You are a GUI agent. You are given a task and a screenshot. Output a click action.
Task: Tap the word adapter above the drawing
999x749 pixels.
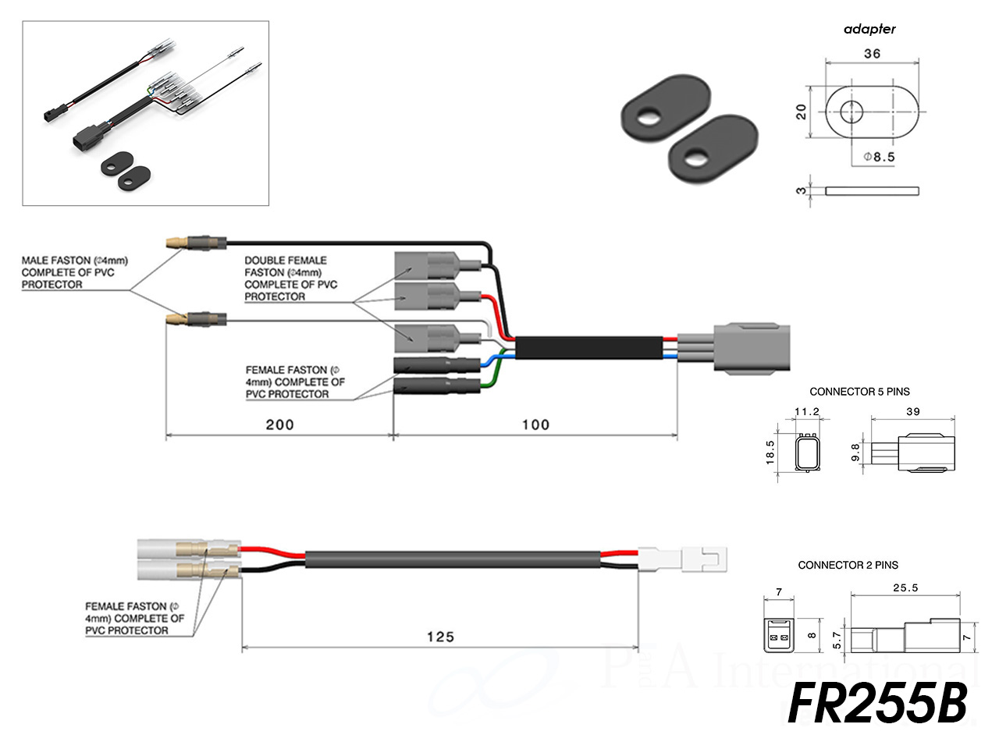pyautogui.click(x=869, y=29)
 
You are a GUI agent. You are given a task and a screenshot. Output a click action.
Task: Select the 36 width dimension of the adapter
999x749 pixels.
pyautogui.click(x=872, y=54)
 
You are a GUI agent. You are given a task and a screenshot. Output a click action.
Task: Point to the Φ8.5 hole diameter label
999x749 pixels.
pyautogui.click(x=879, y=157)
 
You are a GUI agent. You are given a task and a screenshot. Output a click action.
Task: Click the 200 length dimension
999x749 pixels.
pyautogui.click(x=279, y=424)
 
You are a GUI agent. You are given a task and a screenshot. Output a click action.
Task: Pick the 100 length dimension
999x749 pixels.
pyautogui.click(x=535, y=424)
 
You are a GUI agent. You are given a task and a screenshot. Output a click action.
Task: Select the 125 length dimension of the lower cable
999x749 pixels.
pyautogui.click(x=440, y=637)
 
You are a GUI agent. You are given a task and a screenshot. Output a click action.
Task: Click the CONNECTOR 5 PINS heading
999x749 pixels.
pyautogui.click(x=859, y=392)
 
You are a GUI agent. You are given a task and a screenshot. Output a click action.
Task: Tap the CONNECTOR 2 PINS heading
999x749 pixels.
pyautogui.click(x=848, y=565)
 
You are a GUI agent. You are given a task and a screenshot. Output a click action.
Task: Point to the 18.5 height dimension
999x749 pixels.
pyautogui.click(x=770, y=453)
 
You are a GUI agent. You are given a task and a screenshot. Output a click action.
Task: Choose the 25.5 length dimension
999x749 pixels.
pyautogui.click(x=905, y=587)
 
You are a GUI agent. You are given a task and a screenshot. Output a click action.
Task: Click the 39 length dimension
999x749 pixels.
pyautogui.click(x=912, y=411)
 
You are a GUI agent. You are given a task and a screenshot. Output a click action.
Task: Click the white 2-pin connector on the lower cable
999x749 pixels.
pyautogui.click(x=684, y=559)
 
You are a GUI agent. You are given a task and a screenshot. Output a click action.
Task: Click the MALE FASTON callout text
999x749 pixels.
pyautogui.click(x=74, y=272)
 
